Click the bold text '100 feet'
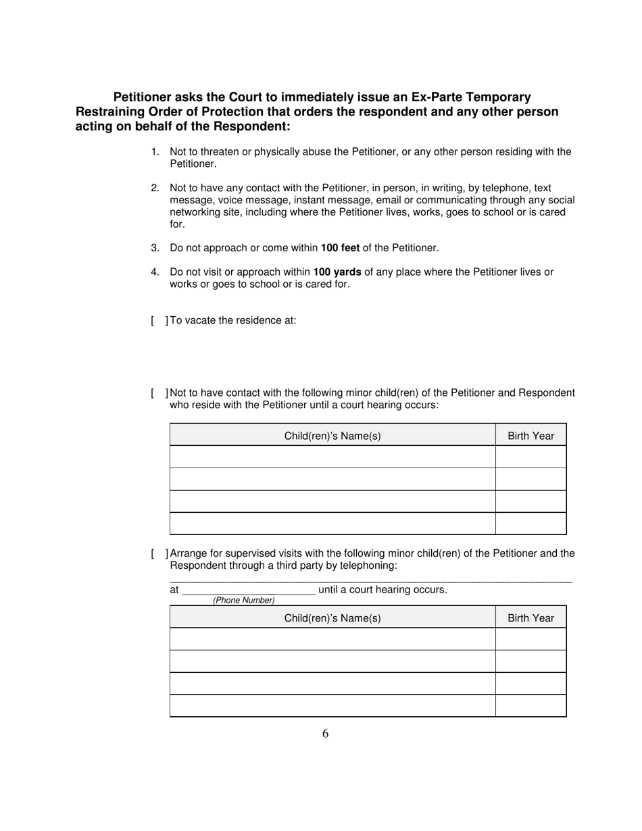coord(340,248)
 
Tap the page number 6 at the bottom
coord(325,734)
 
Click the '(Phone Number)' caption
coord(244,600)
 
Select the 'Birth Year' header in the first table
coord(530,436)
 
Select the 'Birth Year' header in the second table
coord(530,618)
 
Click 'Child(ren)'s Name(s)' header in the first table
coord(332,436)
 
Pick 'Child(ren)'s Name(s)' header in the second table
coord(332,618)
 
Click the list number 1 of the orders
coord(155,152)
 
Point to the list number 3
coord(155,248)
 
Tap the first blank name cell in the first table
coord(332,457)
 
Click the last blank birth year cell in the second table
coord(530,705)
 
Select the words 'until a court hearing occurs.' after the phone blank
coord(382,590)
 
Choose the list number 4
coord(155,272)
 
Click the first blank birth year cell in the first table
coord(530,457)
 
